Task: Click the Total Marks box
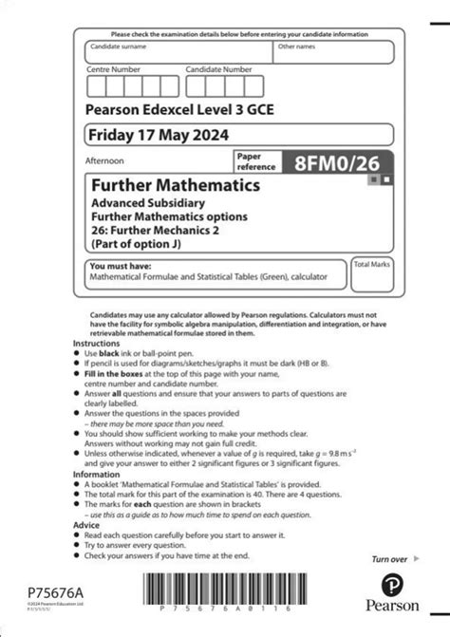(372, 276)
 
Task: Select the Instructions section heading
(109, 343)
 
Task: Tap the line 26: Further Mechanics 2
(156, 231)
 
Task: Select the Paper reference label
(257, 161)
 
